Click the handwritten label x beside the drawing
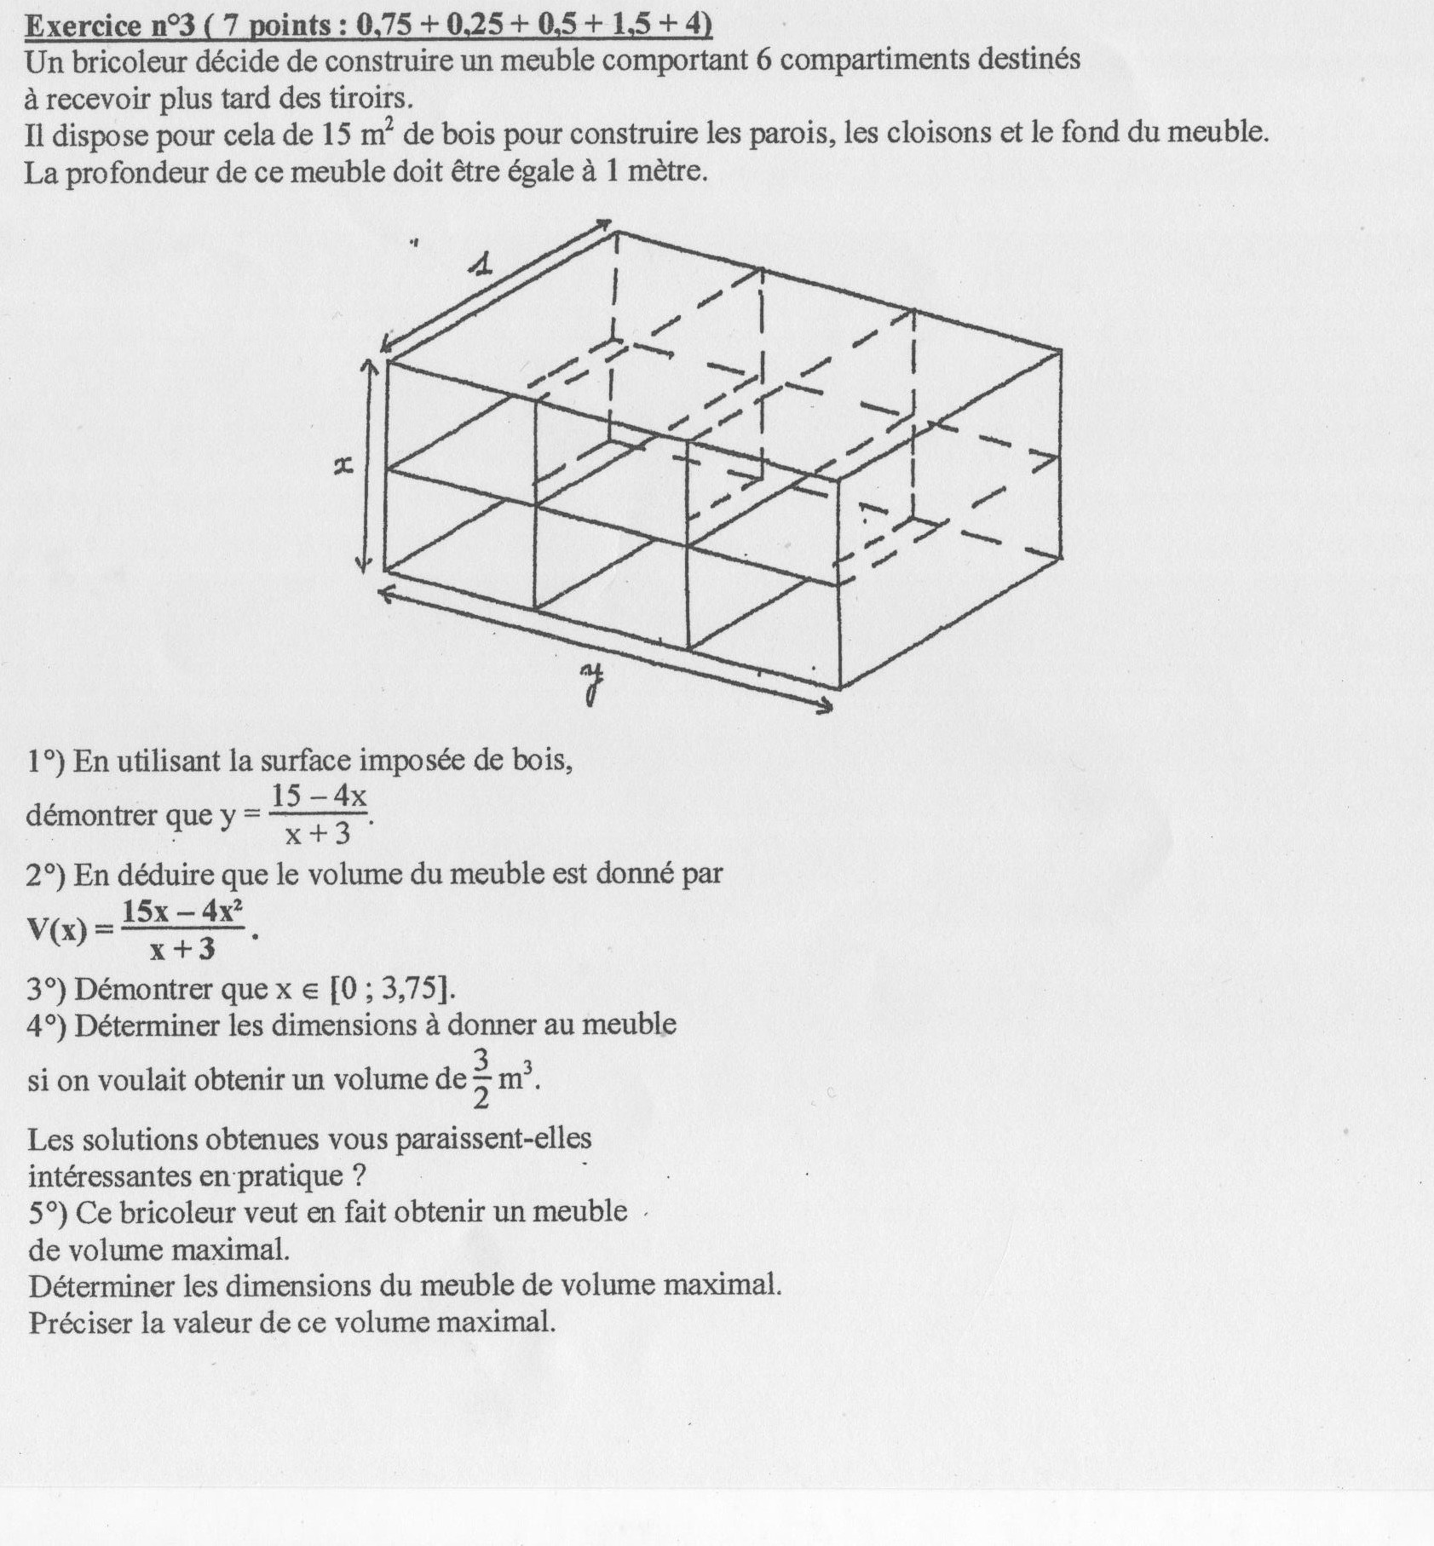[x=343, y=466]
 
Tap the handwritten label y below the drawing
[x=591, y=684]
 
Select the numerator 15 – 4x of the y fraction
[x=319, y=796]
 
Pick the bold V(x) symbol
[x=57, y=928]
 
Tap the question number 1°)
[x=46, y=760]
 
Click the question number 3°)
[x=46, y=989]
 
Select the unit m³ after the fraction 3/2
[x=519, y=1078]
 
